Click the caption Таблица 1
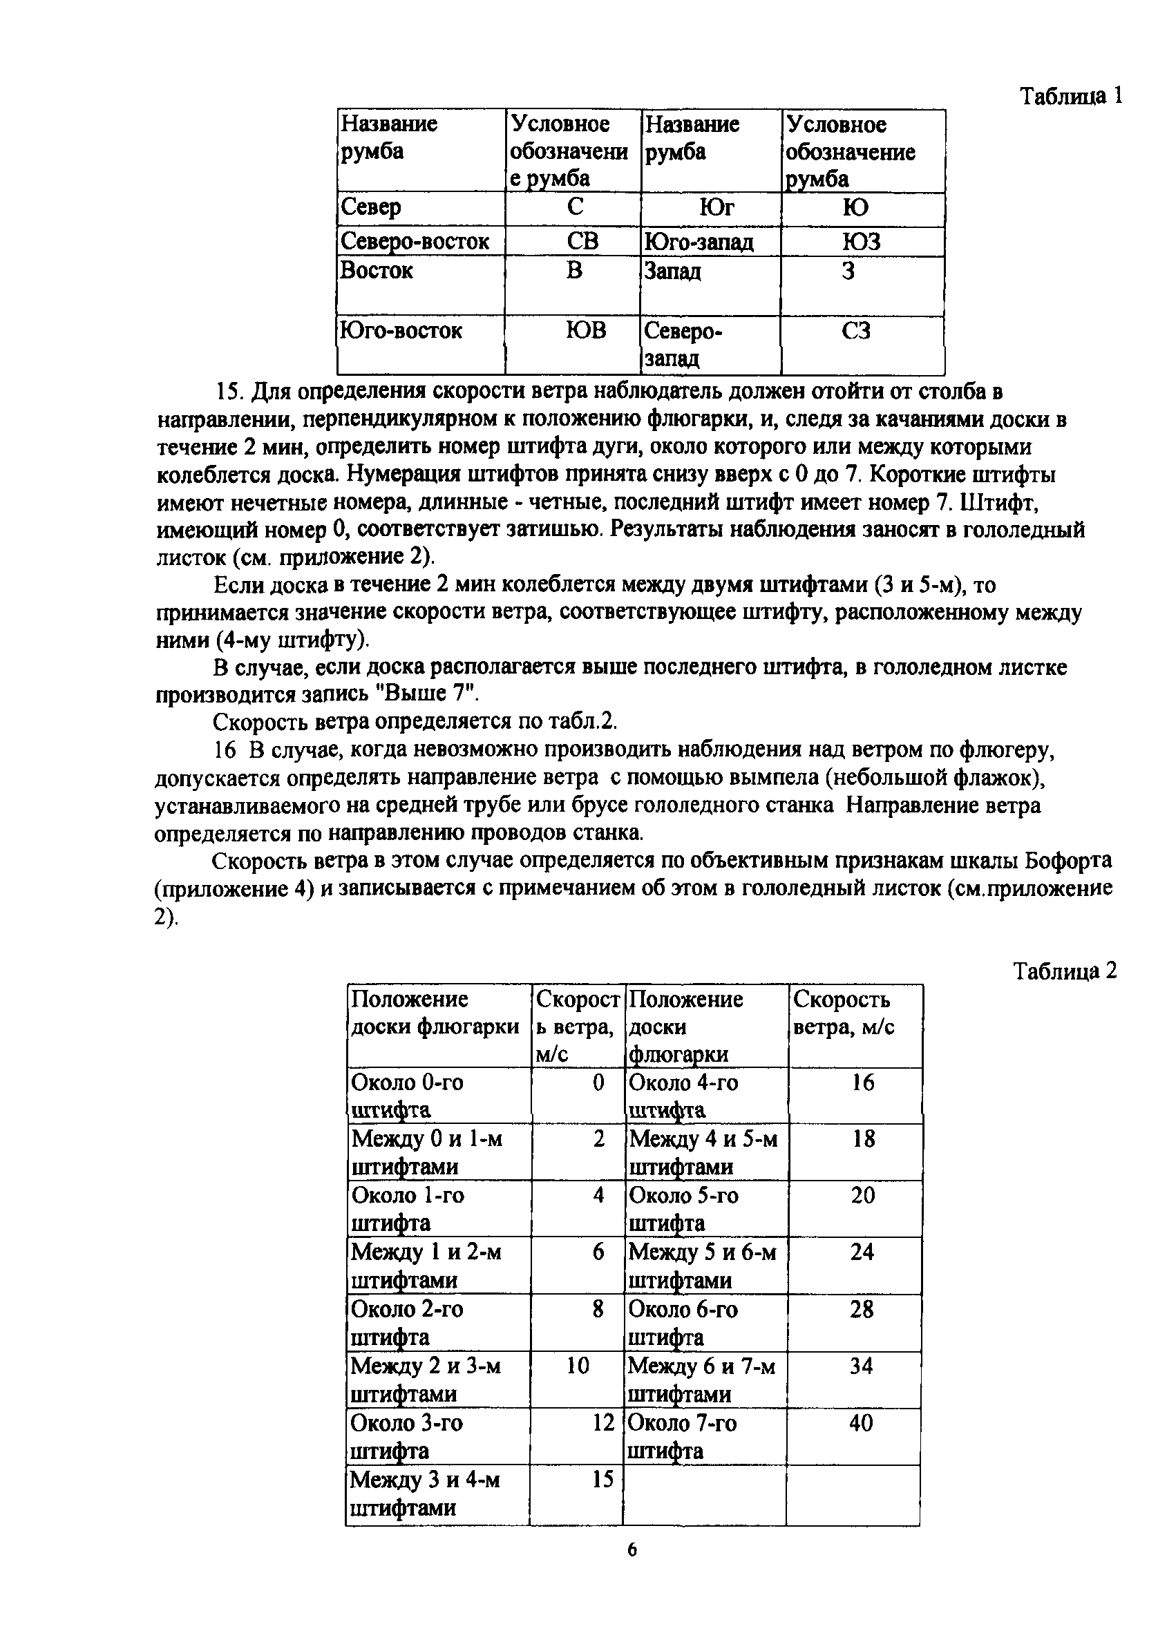click(x=1071, y=95)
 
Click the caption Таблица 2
click(x=1065, y=971)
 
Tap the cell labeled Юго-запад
click(x=698, y=242)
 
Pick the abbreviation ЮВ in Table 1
click(x=585, y=330)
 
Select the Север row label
click(x=371, y=207)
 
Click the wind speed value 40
click(x=861, y=1423)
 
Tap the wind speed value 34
click(x=861, y=1366)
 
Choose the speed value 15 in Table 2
click(x=602, y=1480)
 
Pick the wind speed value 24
click(x=862, y=1252)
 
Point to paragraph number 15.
click(x=230, y=392)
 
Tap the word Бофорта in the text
click(x=1067, y=861)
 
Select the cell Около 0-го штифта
click(x=406, y=1095)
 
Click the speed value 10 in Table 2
click(x=578, y=1366)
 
